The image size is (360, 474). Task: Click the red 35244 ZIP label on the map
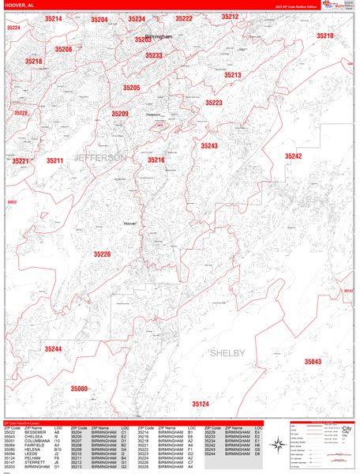54,348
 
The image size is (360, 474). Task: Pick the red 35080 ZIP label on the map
79,389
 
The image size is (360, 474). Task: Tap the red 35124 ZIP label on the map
201,404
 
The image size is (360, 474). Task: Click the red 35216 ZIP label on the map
156,160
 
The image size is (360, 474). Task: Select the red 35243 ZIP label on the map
209,146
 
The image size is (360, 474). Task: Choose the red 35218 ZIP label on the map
33,61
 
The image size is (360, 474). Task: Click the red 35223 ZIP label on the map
214,103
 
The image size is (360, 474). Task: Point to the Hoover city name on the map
131,224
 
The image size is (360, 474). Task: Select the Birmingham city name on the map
159,37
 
